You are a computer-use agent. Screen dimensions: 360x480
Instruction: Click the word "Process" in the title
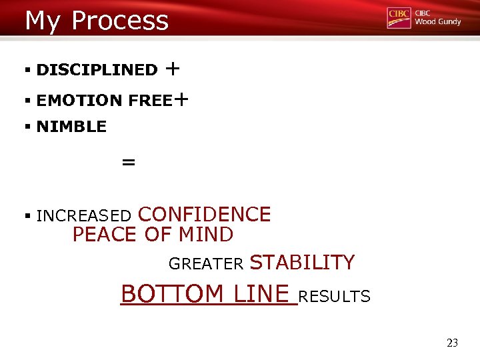(120, 21)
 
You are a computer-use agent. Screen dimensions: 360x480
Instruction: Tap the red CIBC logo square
(399, 18)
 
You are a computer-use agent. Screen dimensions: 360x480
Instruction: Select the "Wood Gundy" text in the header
(437, 22)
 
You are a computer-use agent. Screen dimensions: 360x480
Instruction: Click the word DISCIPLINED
(97, 70)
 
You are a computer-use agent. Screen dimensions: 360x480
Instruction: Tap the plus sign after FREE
(181, 99)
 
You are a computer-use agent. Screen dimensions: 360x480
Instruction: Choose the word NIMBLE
(71, 127)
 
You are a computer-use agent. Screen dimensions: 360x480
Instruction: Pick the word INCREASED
(84, 216)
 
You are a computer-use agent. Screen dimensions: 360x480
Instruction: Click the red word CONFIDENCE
(204, 215)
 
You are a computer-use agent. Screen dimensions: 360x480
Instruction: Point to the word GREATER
(206, 265)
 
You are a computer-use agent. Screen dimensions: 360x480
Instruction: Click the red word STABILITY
(302, 263)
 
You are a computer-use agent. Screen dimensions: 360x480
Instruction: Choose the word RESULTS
(335, 297)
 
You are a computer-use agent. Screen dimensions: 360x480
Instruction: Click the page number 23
(452, 343)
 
